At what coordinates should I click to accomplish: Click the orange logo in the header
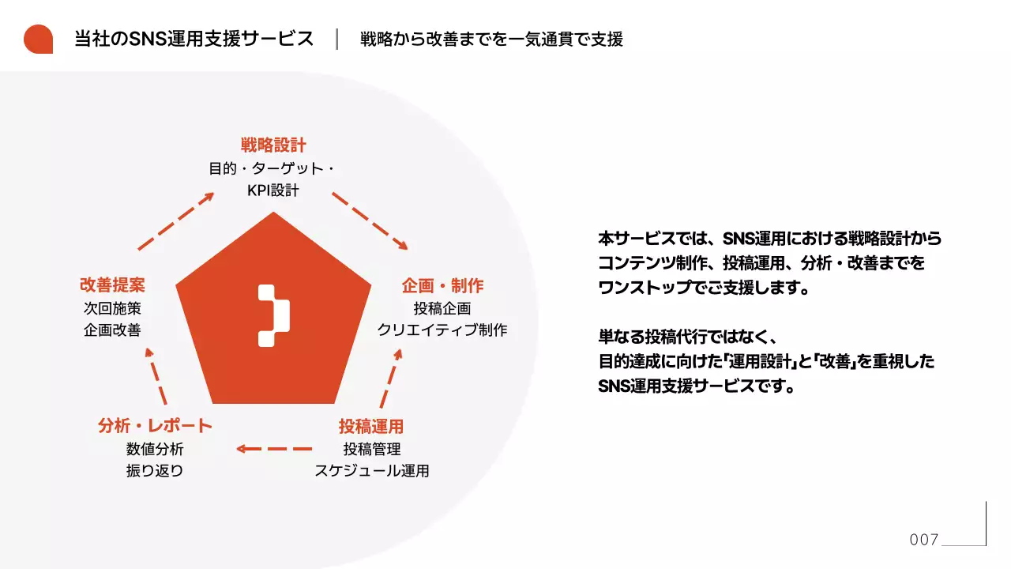tap(38, 39)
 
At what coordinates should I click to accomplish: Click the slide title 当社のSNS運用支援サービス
tap(194, 39)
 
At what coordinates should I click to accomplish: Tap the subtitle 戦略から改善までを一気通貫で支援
tap(491, 39)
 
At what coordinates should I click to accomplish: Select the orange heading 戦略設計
tap(273, 145)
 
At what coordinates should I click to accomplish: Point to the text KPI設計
tap(273, 190)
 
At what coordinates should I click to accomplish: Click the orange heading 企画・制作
tap(442, 285)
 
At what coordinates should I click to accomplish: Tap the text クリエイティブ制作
tap(442, 330)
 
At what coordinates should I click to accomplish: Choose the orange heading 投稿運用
tap(371, 427)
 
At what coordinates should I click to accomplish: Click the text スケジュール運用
tap(372, 471)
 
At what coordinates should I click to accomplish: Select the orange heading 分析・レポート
tap(155, 426)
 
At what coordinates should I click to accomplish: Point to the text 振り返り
tap(155, 471)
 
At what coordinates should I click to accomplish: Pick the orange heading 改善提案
tap(112, 285)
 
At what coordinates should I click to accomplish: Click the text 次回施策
tap(112, 308)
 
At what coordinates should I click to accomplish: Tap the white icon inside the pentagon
tap(273, 315)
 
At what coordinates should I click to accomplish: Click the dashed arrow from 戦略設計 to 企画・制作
tap(370, 220)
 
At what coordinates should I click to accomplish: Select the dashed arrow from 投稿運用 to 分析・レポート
tap(275, 449)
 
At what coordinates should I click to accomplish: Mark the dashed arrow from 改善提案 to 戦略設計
tap(176, 220)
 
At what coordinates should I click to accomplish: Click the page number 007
tap(923, 540)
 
